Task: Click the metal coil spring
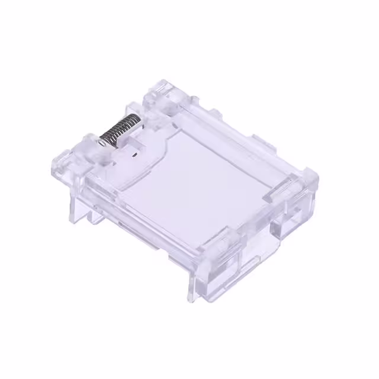(x=120, y=130)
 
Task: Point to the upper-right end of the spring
(x=139, y=120)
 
